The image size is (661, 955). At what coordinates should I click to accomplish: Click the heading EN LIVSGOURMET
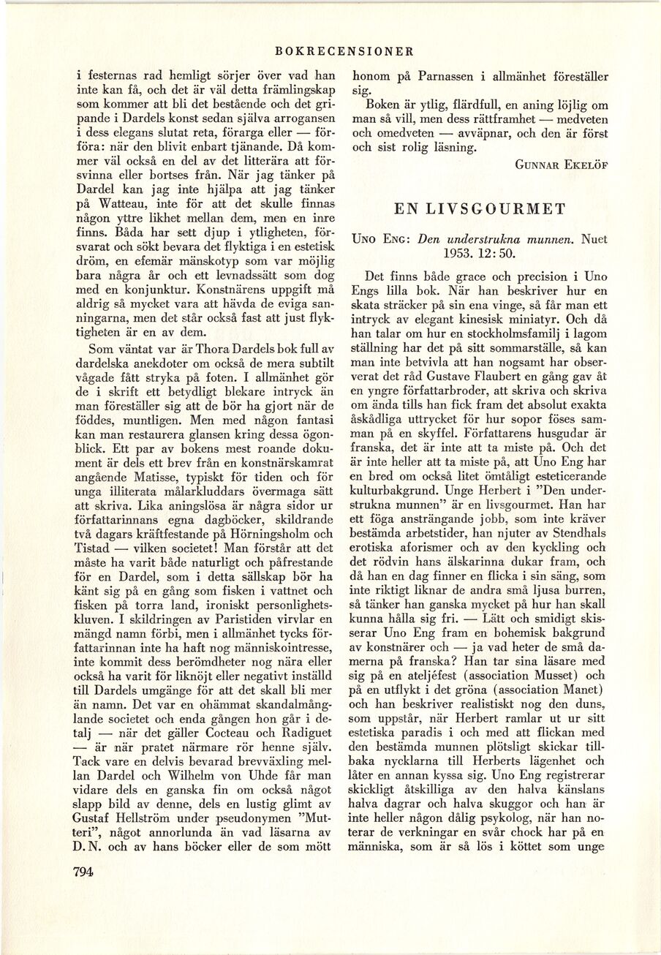point(480,208)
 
